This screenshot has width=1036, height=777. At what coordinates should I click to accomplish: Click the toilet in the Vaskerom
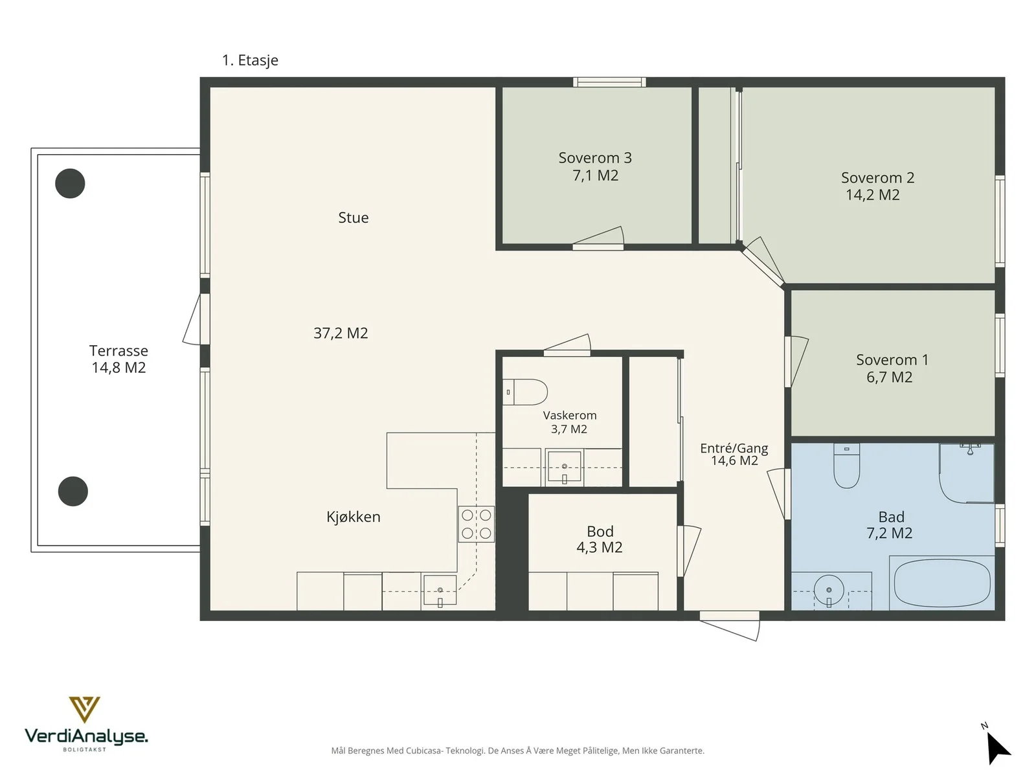pos(524,392)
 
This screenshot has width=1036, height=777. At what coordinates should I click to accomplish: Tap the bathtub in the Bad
pos(941,583)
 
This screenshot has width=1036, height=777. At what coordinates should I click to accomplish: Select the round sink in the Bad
pos(829,590)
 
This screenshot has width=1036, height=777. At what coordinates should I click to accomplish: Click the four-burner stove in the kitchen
pos(476,524)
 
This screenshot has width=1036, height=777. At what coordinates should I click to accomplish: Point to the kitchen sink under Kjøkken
pos(440,590)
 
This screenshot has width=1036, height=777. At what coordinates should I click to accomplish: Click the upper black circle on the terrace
pos(70,183)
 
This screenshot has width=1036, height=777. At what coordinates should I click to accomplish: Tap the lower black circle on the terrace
pos(73,491)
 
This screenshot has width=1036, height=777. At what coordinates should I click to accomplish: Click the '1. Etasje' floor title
pos(250,60)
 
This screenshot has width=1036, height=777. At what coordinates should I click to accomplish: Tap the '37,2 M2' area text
pos(341,333)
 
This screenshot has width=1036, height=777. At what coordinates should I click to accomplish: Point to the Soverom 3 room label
pos(595,166)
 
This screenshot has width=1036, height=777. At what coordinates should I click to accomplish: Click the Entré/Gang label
pos(734,454)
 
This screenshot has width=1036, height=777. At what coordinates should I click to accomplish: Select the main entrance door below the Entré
pos(730,625)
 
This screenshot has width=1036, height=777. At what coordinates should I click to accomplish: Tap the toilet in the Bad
pos(847,466)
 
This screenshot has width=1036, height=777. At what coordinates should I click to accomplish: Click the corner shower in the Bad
pos(967,473)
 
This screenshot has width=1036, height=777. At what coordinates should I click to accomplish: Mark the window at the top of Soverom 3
pos(609,82)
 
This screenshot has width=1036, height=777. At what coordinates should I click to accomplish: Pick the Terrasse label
pos(119,359)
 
